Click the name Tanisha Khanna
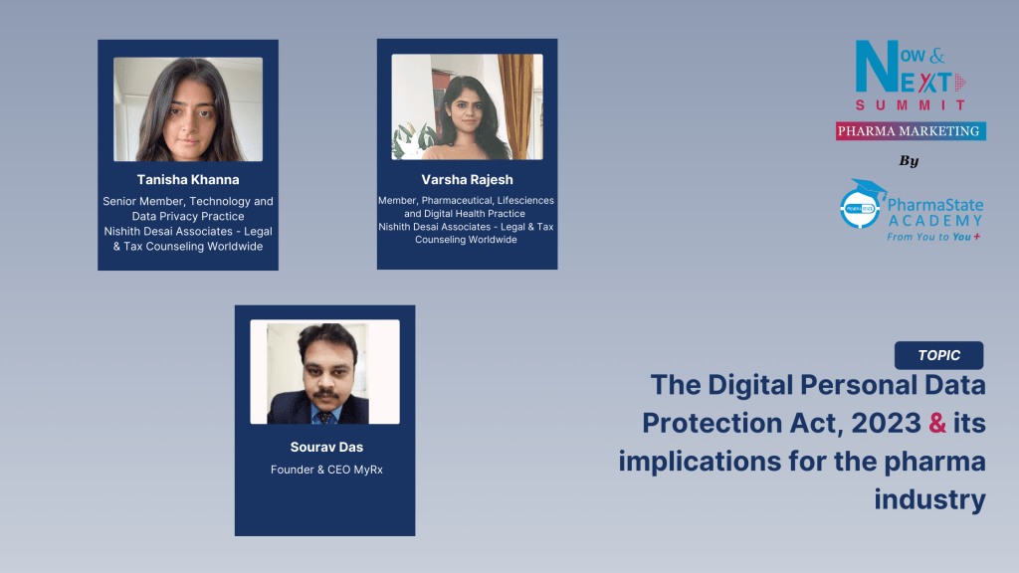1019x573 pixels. click(187, 180)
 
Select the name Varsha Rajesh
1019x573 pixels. click(466, 180)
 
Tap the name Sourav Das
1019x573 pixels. click(325, 448)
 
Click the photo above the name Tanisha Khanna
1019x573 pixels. click(187, 108)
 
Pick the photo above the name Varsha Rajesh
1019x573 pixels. click(467, 106)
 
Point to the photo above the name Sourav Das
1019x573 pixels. click(324, 372)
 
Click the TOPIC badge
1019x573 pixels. click(938, 355)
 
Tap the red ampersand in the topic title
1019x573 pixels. click(936, 424)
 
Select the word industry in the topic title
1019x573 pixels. click(929, 498)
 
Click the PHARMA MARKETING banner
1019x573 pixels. click(911, 130)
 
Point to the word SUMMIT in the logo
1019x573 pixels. click(911, 104)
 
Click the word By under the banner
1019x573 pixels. click(909, 160)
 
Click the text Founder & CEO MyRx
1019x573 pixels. click(325, 470)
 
